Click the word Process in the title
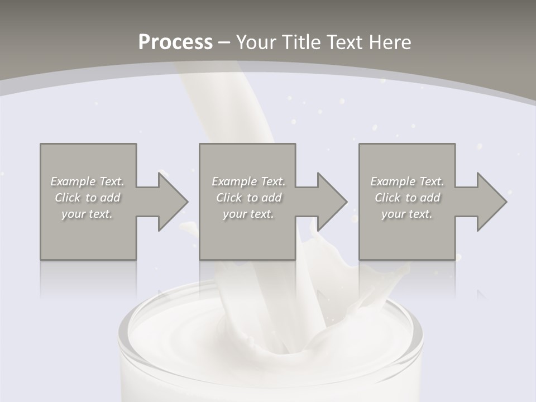click(175, 42)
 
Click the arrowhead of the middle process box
click(331, 202)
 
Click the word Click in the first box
click(67, 198)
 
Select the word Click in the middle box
click(228, 198)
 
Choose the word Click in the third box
click(387, 198)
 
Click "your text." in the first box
click(87, 214)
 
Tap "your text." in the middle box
click(248, 214)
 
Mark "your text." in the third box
click(407, 214)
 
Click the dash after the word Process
click(224, 42)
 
